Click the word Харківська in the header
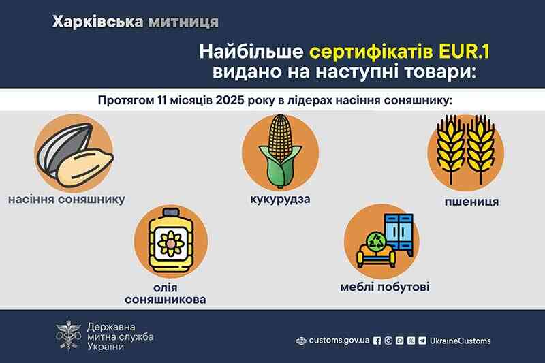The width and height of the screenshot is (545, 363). [x=96, y=22]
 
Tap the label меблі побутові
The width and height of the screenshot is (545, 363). [x=385, y=286]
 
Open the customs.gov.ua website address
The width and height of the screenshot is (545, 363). [x=339, y=341]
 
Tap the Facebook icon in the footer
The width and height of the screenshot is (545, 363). [x=378, y=341]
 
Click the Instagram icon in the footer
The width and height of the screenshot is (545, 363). [x=389, y=341]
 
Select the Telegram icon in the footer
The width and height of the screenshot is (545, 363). [x=422, y=341]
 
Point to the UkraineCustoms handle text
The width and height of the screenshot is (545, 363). [x=461, y=341]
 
